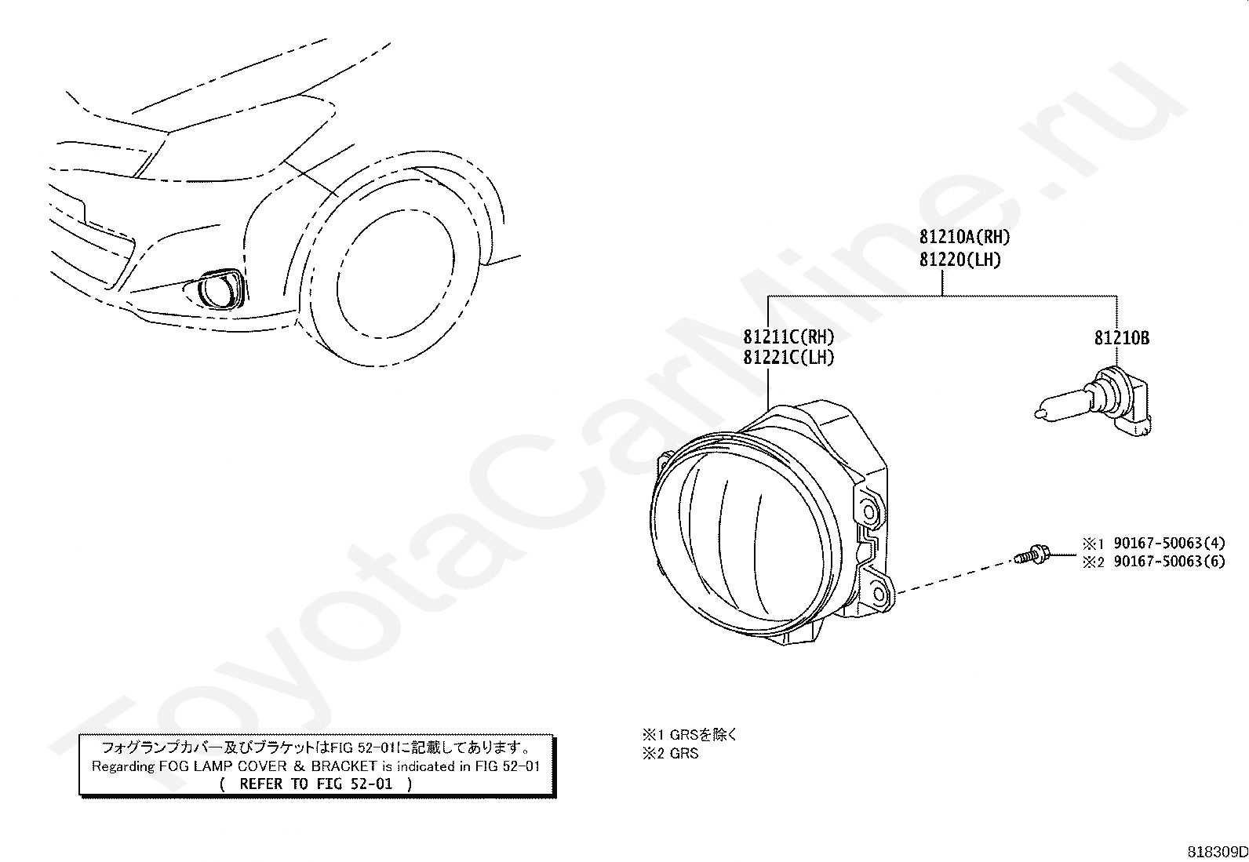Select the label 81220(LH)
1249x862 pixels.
960,260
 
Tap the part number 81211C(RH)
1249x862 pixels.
788,337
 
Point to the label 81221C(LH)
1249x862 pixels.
788,358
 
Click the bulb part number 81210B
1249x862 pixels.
1122,338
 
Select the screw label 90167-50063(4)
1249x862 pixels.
1169,543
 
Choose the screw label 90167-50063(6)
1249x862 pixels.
1169,562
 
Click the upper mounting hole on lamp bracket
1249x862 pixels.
869,511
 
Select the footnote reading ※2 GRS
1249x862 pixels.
671,754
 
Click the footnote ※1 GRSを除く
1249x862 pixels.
690,735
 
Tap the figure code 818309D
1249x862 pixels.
1216,852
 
